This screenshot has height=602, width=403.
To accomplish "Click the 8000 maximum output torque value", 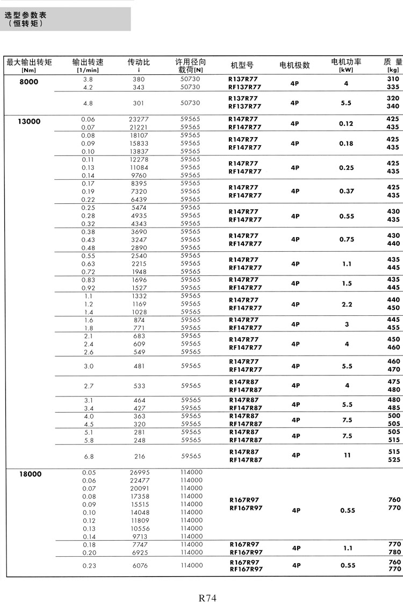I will (29, 82).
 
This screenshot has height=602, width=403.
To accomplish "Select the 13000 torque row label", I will (29, 122).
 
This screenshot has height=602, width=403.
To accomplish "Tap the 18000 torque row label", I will (29, 474).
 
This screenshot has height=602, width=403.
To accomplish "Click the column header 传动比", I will (139, 62).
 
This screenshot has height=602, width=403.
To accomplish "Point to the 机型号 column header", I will (242, 65).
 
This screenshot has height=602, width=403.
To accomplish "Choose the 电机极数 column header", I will (295, 65).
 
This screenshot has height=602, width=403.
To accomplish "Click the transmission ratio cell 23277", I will (139, 119).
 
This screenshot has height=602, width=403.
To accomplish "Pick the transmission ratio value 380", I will (139, 79).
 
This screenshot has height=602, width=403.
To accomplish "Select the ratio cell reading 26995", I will (140, 472).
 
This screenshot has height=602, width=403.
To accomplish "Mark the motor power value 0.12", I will (347, 123).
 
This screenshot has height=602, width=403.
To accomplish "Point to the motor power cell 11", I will (347, 455).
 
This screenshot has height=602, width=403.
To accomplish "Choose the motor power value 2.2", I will (347, 304).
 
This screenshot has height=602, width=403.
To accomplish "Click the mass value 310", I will (393, 79).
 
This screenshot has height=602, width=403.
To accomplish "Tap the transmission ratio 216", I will (139, 456).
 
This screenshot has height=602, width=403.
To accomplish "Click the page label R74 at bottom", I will (207, 597).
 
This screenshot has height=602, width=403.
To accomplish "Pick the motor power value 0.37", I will (347, 191).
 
